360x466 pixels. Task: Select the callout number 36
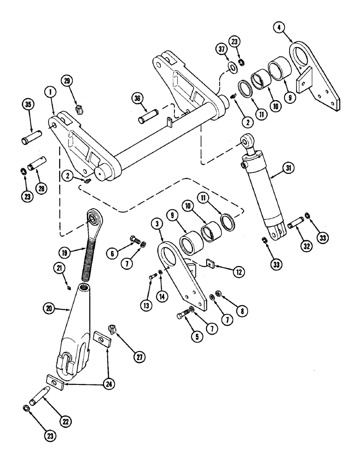pos(137,98)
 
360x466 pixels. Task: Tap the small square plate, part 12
pos(210,264)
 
